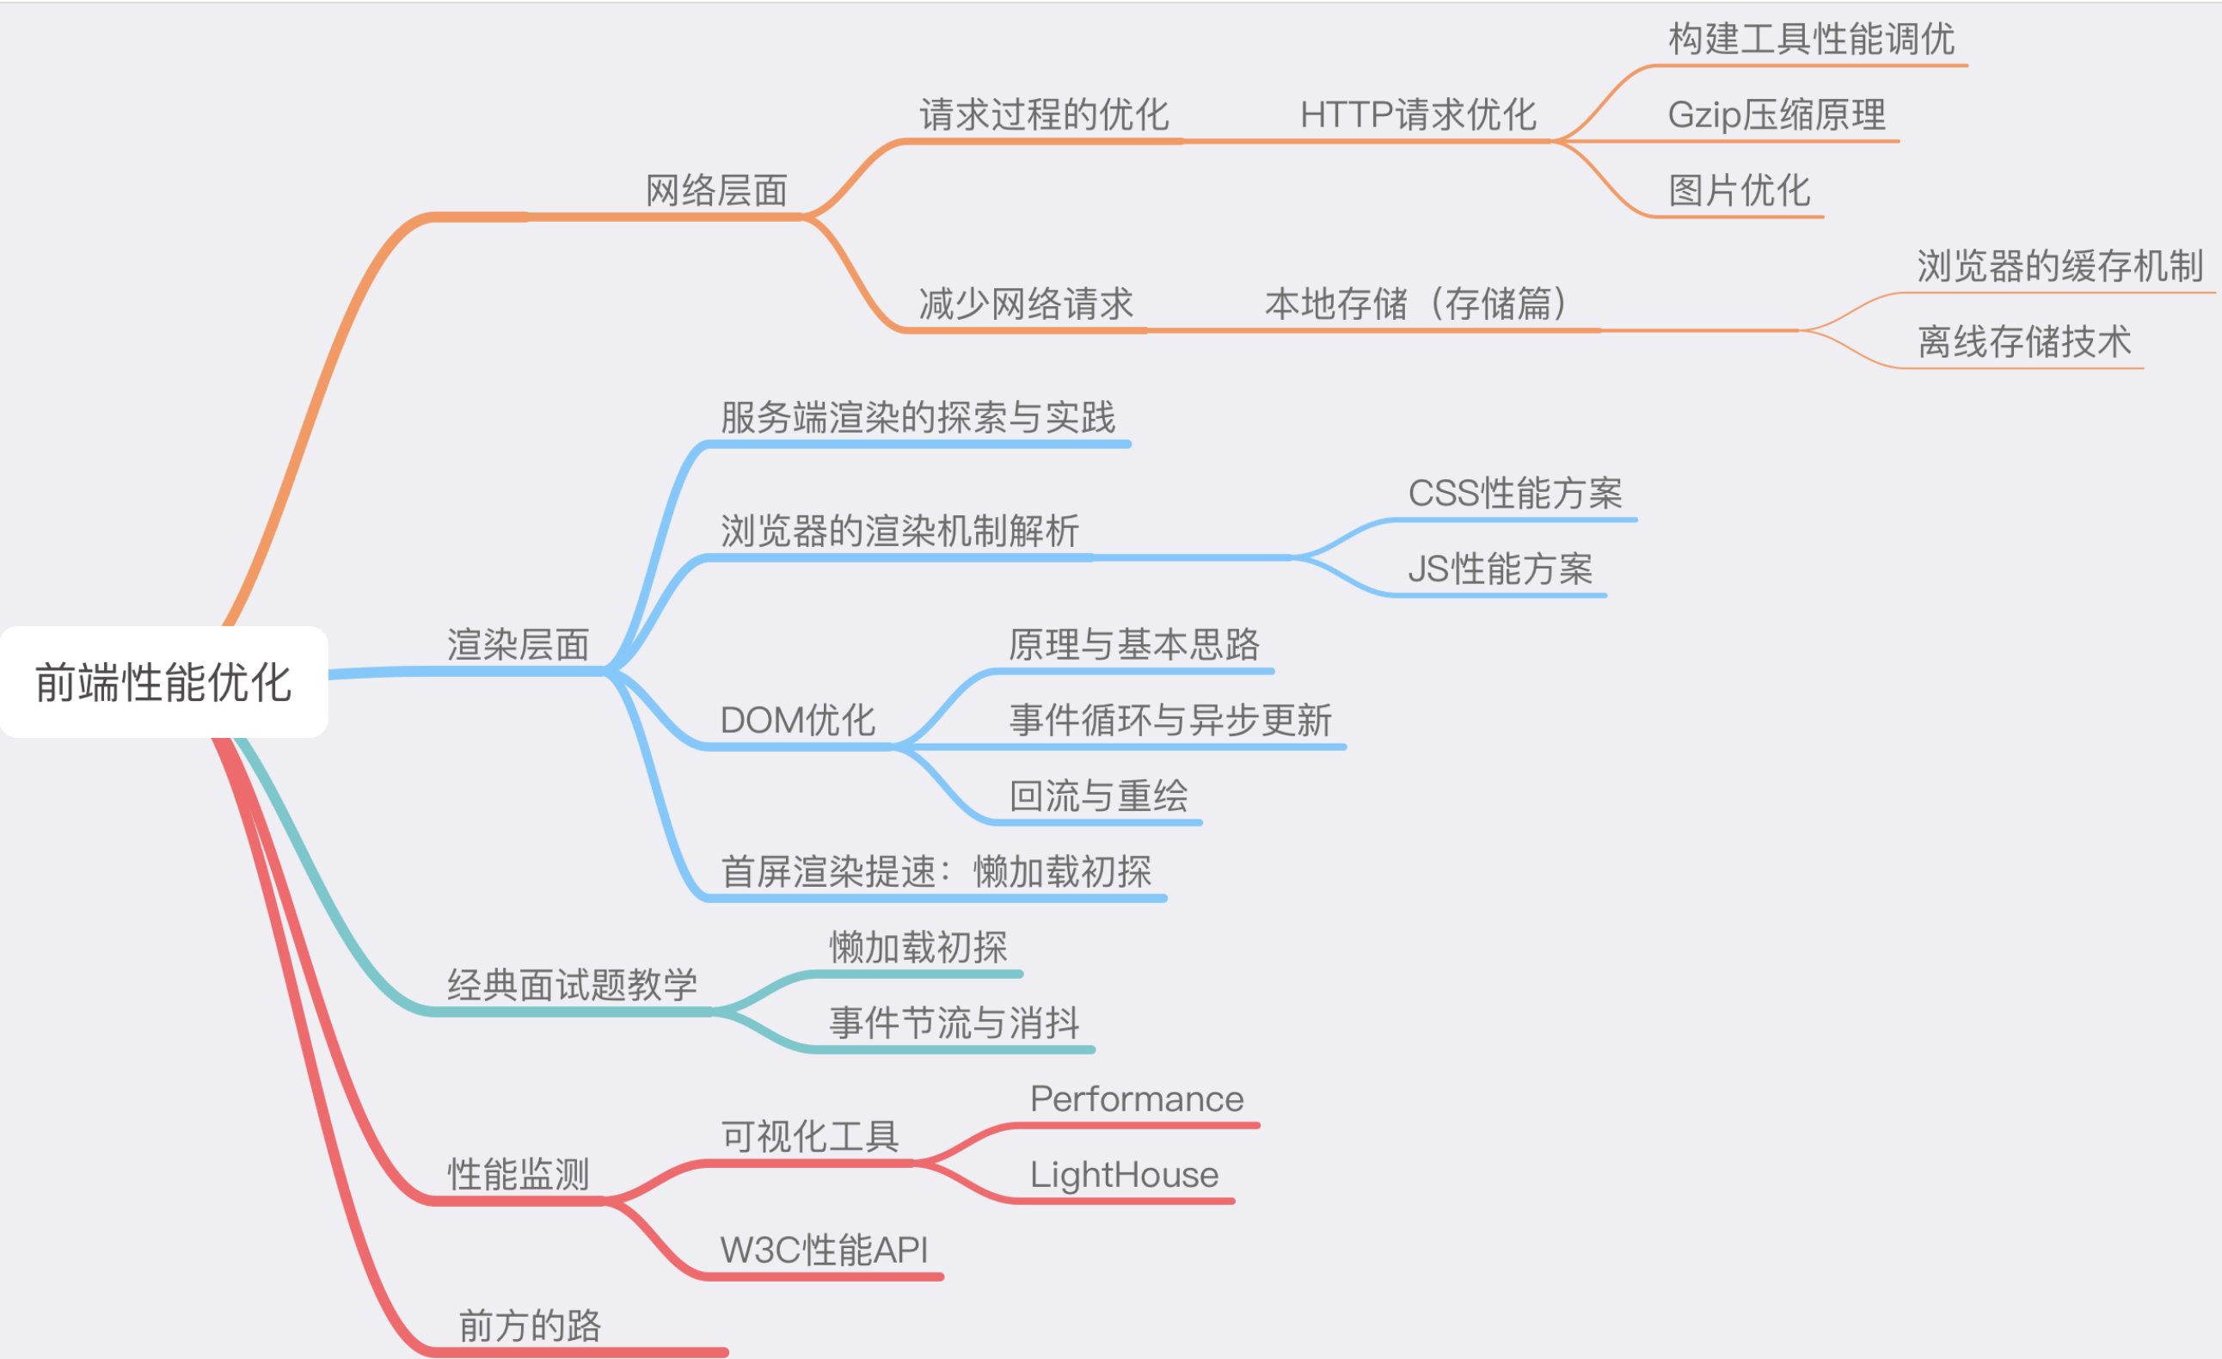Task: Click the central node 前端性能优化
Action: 163,682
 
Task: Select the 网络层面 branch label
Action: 717,190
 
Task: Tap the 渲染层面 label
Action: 519,645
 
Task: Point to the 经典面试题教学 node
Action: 573,985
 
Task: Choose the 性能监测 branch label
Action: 519,1174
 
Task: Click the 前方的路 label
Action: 531,1325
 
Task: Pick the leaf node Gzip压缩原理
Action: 1777,114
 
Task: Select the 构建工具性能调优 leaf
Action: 1812,39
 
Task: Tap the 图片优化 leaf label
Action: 1740,190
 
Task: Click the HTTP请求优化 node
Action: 1419,114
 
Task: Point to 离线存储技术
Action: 2024,341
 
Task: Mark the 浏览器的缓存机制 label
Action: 2060,266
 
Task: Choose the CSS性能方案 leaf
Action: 1516,493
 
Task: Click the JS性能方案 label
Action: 1501,569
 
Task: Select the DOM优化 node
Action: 798,721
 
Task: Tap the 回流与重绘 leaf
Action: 1099,796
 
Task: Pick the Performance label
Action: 1137,1098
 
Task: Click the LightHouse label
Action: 1125,1174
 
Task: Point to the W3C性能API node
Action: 825,1250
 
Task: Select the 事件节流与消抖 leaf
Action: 955,1023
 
